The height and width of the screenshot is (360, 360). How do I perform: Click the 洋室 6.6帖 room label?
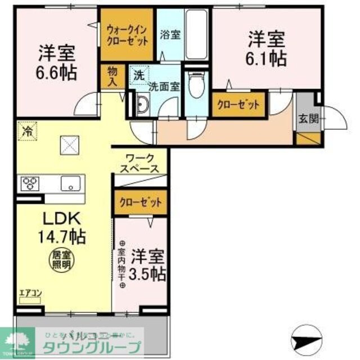[57, 64]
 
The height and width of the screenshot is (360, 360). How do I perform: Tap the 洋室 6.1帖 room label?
[267, 48]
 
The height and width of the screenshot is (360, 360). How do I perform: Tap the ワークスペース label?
[139, 163]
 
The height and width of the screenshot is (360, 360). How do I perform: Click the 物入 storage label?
[112, 76]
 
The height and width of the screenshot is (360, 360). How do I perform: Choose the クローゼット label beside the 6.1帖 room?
[238, 105]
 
